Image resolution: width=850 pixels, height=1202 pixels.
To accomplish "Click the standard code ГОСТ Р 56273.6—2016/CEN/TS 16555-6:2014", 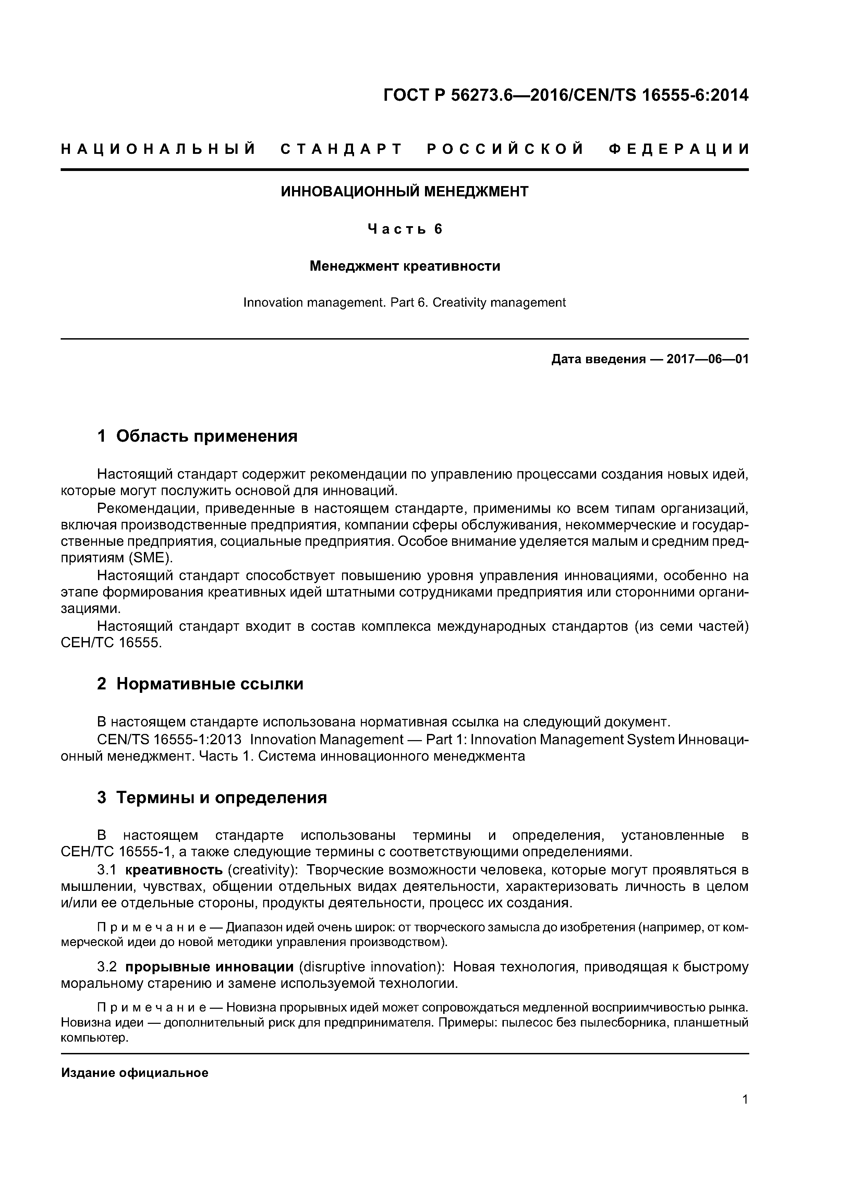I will (x=566, y=95).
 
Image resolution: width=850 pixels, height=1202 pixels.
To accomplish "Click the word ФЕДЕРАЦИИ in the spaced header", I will (x=679, y=150).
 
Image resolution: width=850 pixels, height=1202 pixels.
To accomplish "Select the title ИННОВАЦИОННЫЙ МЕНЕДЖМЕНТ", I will (x=404, y=192).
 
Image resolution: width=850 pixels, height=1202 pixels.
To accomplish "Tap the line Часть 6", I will (x=404, y=229).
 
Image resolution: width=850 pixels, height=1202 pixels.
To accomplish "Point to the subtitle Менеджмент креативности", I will (x=404, y=267).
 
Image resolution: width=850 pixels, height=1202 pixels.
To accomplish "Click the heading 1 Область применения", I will (x=197, y=436).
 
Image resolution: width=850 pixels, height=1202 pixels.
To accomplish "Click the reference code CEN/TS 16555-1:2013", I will (x=169, y=740).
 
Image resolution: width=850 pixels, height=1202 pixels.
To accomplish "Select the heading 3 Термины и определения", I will (x=212, y=798).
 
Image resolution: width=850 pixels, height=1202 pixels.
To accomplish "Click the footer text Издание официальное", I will (x=135, y=1073).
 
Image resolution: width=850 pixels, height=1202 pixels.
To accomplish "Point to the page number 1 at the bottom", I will (x=745, y=1114).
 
